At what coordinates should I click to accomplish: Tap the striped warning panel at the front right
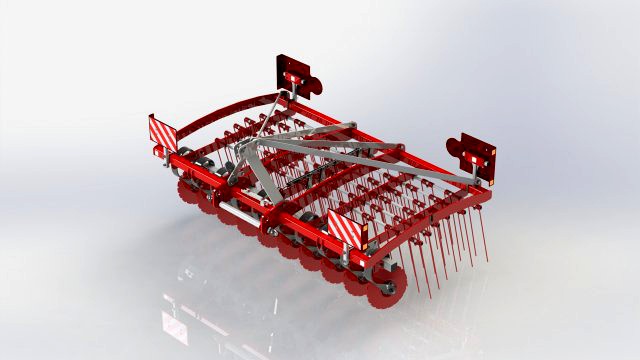click(x=342, y=228)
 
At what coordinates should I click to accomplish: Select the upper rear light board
click(x=293, y=72)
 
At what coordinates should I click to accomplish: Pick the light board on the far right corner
click(x=479, y=157)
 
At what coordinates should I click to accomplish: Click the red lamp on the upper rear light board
click(x=294, y=77)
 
